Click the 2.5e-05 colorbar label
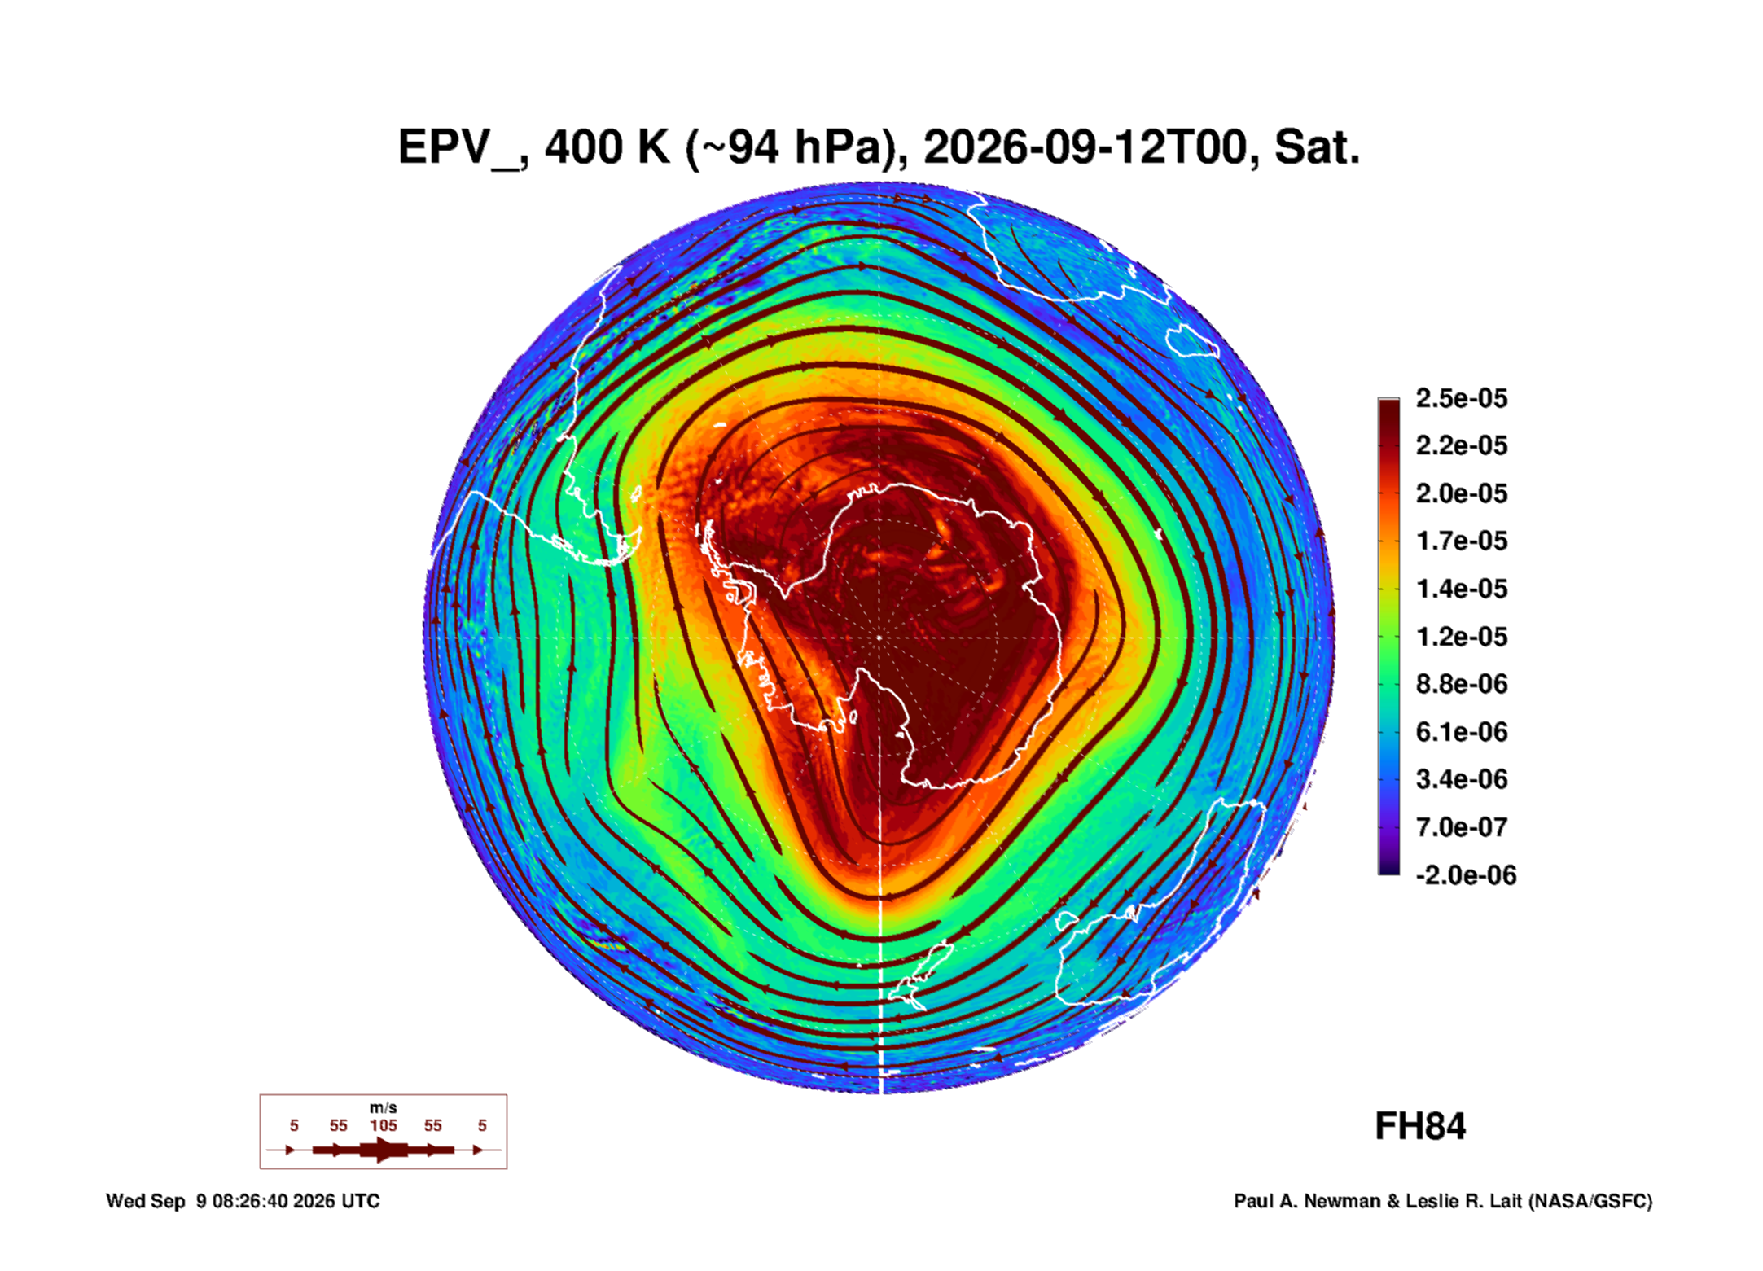(x=1461, y=398)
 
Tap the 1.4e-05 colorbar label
(x=1461, y=589)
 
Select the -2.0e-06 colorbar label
(x=1466, y=875)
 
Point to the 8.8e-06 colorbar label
(x=1461, y=684)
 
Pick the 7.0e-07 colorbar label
(x=1461, y=827)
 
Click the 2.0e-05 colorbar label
(x=1461, y=493)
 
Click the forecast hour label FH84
(x=1420, y=1127)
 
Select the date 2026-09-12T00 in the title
(x=1085, y=147)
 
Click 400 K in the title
(x=606, y=147)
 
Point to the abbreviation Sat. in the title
(x=1317, y=147)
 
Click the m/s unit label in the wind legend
(x=384, y=1108)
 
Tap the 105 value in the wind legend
(x=384, y=1126)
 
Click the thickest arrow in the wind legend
(x=384, y=1150)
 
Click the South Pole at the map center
(x=879, y=638)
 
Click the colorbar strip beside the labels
(x=1389, y=637)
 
